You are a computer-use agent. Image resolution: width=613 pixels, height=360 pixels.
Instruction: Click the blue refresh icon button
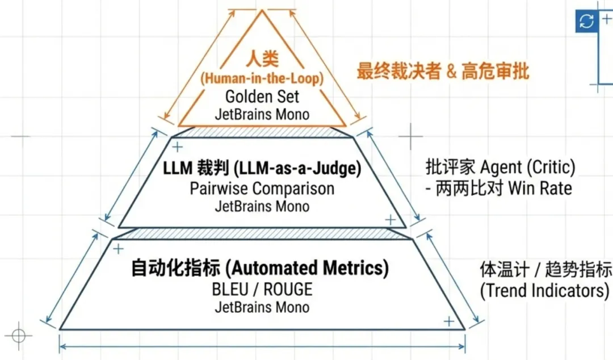coord(586,22)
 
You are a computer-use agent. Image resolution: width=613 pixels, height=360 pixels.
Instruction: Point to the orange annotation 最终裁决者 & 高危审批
coord(443,72)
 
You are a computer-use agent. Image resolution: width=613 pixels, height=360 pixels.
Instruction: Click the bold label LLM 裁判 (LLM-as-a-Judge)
coord(262,168)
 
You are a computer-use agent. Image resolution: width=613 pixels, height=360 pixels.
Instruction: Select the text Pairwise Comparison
coord(262,188)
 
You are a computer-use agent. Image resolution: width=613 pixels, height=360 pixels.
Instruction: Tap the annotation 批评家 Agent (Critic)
coord(500,168)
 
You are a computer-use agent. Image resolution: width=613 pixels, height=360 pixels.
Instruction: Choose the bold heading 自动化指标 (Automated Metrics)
coord(260,267)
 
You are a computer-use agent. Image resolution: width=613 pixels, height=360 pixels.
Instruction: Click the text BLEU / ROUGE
coord(262,289)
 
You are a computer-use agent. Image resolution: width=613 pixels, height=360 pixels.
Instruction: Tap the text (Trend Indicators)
coord(544,290)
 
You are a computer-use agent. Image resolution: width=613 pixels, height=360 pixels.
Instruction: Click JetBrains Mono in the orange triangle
coord(262,114)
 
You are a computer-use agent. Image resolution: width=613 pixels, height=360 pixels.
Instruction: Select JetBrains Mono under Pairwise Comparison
coord(262,206)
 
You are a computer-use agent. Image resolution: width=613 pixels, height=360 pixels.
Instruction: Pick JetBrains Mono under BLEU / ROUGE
coord(262,307)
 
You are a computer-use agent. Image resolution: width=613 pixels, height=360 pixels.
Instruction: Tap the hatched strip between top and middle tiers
coord(262,131)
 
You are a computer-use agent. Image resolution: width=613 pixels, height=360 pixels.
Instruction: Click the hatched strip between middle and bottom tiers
coord(262,233)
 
